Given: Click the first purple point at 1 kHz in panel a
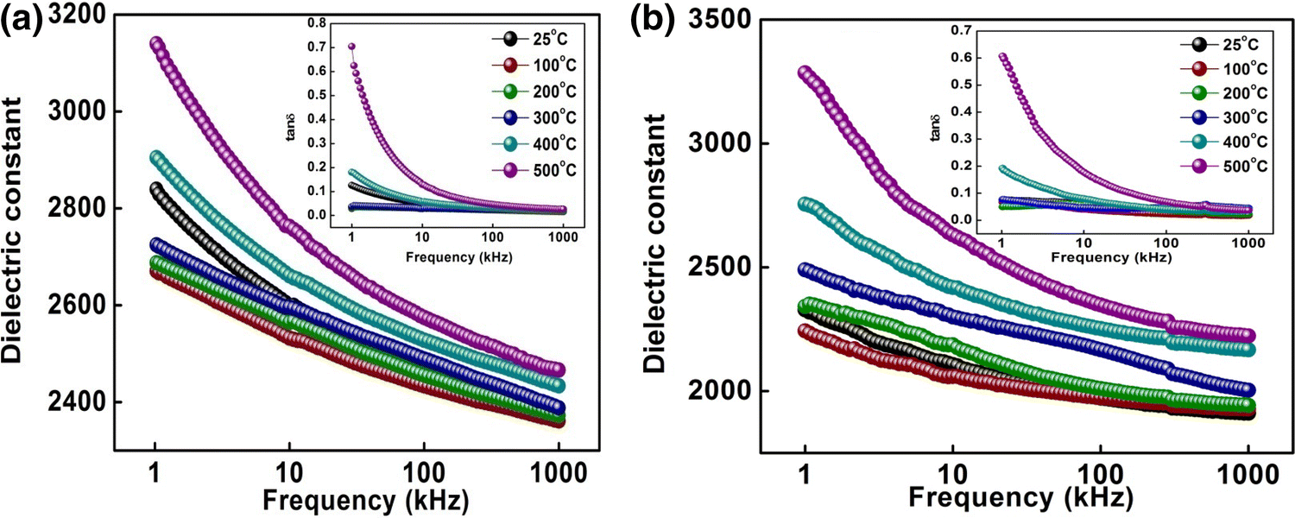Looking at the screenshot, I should (155, 44).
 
